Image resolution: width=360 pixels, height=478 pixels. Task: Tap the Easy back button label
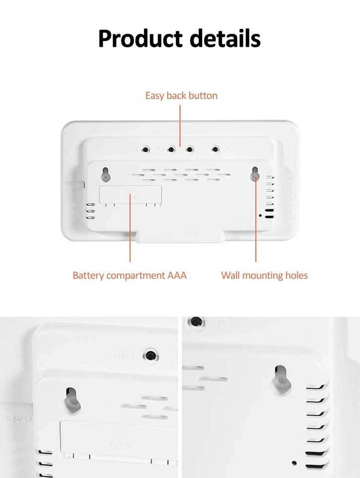(181, 95)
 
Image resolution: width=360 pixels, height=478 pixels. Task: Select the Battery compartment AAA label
(129, 275)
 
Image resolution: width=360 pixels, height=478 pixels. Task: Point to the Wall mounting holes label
(264, 275)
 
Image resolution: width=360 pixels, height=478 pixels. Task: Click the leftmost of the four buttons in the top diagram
(146, 149)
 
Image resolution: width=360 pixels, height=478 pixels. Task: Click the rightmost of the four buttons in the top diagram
(216, 149)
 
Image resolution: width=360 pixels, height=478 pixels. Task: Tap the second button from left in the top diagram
(171, 149)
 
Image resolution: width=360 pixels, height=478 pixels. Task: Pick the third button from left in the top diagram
(190, 149)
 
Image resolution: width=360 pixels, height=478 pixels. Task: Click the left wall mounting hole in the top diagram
(106, 174)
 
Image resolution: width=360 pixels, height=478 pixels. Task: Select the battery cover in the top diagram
(130, 195)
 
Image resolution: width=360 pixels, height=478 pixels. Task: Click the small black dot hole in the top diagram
(260, 215)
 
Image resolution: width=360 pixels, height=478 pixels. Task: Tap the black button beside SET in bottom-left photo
(149, 356)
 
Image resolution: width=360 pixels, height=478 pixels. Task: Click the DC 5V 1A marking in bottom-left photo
(17, 419)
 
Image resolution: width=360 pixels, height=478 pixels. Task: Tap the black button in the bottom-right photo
(197, 322)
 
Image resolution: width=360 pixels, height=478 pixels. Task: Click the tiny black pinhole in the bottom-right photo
(294, 463)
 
